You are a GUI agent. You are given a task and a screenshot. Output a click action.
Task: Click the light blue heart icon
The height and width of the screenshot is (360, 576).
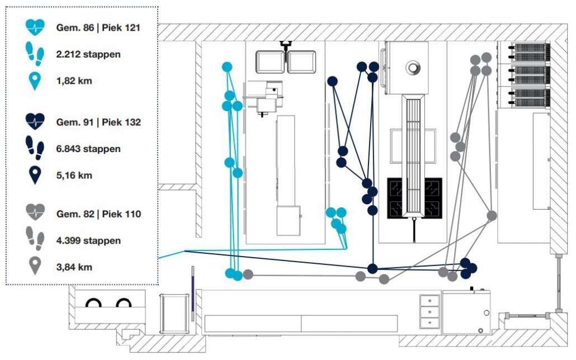35,27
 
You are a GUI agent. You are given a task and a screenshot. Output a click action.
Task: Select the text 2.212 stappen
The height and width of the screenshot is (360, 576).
88,54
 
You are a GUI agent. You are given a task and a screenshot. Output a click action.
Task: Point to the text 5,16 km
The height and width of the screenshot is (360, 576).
74,176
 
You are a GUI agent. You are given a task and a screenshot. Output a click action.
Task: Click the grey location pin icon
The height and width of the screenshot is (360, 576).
35,266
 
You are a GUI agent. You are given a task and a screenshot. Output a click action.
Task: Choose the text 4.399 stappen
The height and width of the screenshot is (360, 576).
88,241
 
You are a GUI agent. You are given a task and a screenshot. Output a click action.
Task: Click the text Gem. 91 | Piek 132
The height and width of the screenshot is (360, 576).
98,122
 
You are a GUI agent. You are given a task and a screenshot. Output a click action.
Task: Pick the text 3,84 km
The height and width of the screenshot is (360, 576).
74,267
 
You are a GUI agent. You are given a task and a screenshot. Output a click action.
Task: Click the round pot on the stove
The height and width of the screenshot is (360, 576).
413,68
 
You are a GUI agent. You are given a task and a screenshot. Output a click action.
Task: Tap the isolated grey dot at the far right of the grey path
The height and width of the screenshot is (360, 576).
492,215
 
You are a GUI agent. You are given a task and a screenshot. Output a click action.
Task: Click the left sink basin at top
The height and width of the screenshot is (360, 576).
271,62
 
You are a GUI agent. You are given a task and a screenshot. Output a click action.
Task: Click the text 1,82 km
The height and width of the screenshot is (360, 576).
74,82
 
